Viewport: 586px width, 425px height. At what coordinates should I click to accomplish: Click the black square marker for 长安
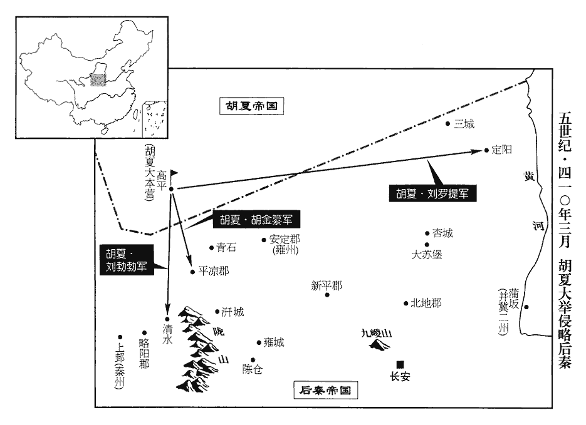(400, 364)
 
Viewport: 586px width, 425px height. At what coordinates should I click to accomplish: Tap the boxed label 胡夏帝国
(251, 106)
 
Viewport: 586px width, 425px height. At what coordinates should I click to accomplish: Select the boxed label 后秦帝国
(325, 391)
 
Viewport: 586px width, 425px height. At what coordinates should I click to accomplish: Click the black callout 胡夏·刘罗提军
(433, 193)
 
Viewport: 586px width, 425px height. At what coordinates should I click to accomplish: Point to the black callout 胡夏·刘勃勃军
(127, 260)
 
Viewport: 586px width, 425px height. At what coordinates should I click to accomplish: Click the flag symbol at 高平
(174, 173)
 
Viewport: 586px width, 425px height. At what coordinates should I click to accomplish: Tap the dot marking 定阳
(486, 150)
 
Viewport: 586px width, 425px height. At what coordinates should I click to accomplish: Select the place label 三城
(464, 124)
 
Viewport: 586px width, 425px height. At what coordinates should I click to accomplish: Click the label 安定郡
(285, 239)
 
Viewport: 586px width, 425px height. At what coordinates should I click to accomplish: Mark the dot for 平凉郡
(192, 272)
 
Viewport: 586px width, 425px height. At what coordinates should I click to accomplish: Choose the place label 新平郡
(327, 286)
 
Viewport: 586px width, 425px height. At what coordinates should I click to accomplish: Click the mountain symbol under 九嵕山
(379, 345)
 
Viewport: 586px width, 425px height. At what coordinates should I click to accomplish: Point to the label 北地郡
(426, 303)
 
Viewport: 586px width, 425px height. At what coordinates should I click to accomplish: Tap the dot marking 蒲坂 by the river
(526, 307)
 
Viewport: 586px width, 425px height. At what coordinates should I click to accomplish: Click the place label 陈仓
(253, 369)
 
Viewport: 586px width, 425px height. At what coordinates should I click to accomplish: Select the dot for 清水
(167, 319)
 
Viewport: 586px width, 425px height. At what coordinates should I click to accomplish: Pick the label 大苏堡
(426, 255)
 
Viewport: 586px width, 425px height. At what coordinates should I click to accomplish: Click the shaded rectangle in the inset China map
(98, 80)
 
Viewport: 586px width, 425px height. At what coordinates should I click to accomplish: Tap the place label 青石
(226, 247)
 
